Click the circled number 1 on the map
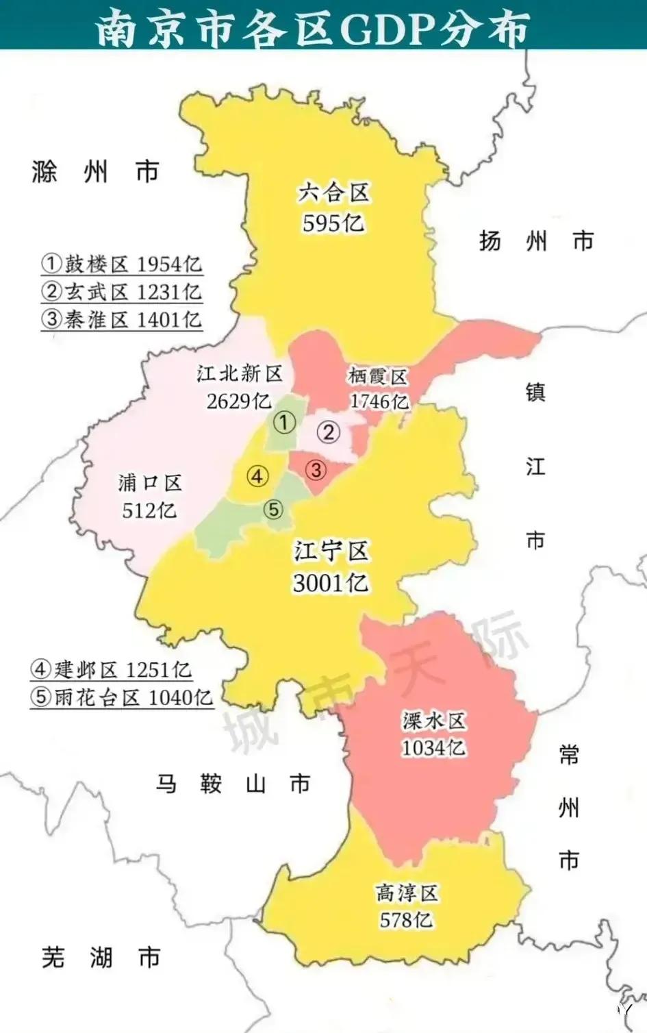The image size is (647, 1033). point(284,422)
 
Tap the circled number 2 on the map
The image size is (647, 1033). point(329,432)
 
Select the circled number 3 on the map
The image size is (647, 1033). point(316,470)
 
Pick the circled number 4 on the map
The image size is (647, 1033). point(257,476)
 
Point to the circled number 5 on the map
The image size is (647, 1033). point(273,510)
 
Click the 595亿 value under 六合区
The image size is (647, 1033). point(333,223)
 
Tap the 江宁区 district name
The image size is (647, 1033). point(332,551)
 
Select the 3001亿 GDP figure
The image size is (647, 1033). point(331,583)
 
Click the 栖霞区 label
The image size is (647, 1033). point(377,375)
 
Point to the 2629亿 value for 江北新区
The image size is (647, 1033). point(238,401)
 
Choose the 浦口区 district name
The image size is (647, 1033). point(149,483)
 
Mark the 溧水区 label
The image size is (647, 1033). point(433,721)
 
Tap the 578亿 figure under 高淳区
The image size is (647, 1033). point(406,919)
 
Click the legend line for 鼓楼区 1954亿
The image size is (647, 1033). point(122,264)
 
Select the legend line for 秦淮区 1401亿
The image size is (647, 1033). point(122,320)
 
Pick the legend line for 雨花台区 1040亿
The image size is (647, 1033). point(122,697)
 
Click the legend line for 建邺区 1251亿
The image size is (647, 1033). point(112,669)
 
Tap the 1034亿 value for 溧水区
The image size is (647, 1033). point(433,747)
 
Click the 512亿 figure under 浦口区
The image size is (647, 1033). point(149,510)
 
